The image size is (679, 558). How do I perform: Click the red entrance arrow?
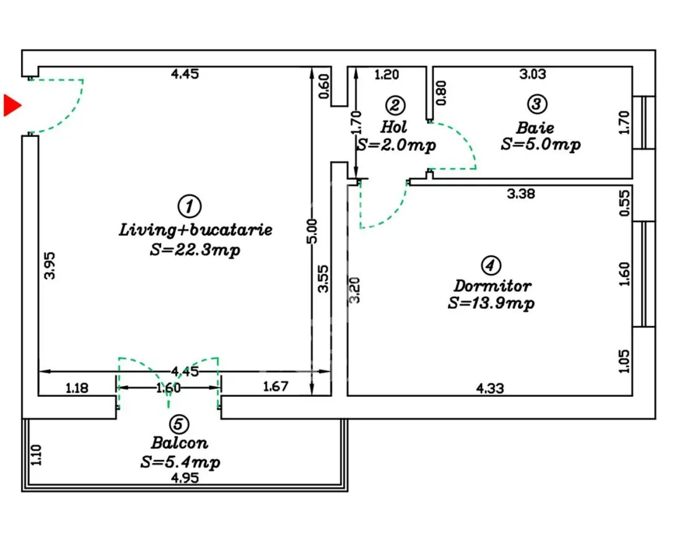click(12, 105)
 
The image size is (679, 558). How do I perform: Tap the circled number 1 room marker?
click(189, 206)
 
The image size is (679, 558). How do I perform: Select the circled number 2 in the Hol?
click(395, 105)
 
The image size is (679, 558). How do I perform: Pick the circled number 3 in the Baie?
click(537, 104)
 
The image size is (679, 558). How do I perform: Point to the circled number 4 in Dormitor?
click(491, 265)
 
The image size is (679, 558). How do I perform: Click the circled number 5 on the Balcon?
click(178, 424)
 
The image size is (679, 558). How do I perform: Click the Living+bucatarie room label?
click(196, 229)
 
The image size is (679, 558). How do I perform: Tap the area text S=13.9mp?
click(491, 303)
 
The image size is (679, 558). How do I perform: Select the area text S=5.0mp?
click(540, 144)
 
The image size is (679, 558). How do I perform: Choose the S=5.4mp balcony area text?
click(180, 463)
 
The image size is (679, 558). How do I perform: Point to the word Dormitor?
click(493, 286)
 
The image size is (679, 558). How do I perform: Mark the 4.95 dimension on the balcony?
click(185, 478)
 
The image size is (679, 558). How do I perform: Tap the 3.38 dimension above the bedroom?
click(521, 193)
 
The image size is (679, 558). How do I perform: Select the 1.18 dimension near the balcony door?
click(77, 387)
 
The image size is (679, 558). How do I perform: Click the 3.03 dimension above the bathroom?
click(533, 74)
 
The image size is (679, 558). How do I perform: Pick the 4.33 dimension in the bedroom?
click(490, 388)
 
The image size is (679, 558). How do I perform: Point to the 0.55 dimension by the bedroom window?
click(624, 203)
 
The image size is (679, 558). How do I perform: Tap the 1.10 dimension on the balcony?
click(37, 455)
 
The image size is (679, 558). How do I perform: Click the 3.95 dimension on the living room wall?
click(50, 266)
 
